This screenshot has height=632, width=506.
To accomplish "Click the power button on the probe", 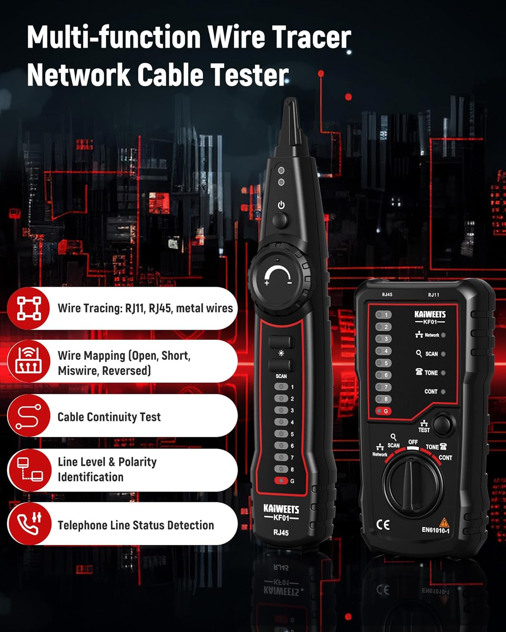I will tap(280, 220).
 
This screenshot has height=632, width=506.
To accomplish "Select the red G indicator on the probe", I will tap(281, 481).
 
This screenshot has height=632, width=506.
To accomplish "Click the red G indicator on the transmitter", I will tap(383, 411).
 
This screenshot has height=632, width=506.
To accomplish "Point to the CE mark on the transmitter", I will tap(383, 525).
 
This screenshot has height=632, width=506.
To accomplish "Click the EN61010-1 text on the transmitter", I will tap(436, 530).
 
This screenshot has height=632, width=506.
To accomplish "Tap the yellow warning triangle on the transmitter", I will tap(444, 522).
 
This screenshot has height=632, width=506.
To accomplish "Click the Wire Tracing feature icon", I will tap(29, 308).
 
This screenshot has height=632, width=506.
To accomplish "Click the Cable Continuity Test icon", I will tap(29, 416).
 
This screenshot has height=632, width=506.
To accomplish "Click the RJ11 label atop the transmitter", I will tap(433, 295).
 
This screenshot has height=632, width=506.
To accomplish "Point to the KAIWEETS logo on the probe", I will tap(281, 509).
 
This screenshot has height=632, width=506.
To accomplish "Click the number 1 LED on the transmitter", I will tap(383, 315).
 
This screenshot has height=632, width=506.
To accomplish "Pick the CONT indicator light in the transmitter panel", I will tap(443, 391).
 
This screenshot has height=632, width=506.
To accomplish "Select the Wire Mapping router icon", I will tap(29, 362).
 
